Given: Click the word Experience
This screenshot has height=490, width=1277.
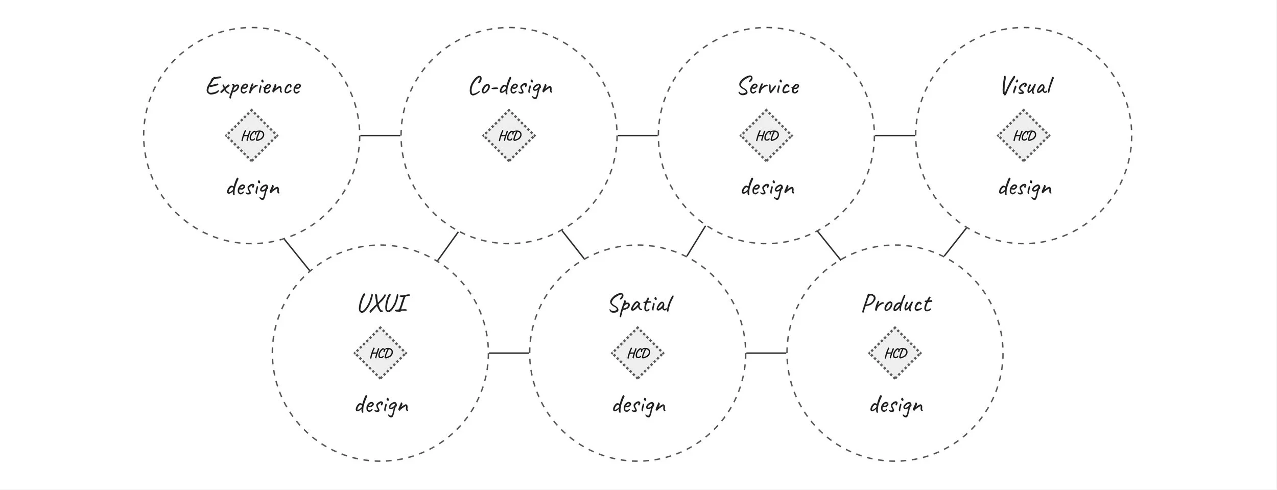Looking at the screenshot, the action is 253,86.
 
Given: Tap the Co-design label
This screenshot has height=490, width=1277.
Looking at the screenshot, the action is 510,86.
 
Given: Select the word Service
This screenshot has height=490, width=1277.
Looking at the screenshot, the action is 768,86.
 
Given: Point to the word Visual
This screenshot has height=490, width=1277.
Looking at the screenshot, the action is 1026,85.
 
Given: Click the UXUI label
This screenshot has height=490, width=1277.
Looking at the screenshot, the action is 383,304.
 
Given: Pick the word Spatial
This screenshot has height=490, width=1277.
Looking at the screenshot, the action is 640,305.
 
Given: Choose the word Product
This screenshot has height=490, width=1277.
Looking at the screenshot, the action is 896,304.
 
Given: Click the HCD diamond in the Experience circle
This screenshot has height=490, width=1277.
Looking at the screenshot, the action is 252,135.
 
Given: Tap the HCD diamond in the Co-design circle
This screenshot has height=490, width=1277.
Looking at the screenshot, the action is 509,135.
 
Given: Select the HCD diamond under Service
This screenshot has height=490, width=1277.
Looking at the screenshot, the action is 766,135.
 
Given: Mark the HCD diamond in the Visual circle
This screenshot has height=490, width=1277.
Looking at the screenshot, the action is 1024,135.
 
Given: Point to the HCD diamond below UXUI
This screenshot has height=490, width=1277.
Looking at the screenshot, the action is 381,353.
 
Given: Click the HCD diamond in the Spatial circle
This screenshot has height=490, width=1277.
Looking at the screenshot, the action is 638,353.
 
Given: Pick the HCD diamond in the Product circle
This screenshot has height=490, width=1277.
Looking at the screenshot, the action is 895,353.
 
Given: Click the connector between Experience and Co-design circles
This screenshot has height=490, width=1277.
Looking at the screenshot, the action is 381,135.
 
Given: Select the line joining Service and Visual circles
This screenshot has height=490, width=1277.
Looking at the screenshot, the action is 895,135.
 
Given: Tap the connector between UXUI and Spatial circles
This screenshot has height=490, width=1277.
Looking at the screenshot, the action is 509,353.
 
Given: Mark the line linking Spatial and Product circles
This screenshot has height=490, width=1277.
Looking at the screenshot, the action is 766,353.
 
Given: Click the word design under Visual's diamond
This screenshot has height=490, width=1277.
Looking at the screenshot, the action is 1025,188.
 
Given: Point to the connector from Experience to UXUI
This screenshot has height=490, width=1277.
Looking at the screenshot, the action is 297,254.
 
